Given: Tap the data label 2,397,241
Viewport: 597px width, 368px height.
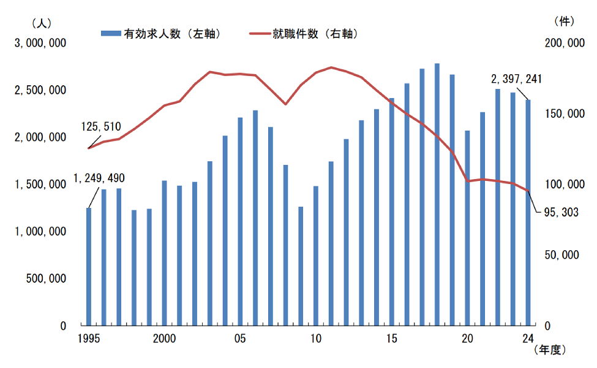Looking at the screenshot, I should click(x=516, y=79).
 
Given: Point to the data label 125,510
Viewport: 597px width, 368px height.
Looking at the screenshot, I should click(x=101, y=127).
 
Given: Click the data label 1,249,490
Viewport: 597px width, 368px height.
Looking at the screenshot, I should click(x=99, y=178).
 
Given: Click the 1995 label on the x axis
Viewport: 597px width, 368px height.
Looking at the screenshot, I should click(x=89, y=338).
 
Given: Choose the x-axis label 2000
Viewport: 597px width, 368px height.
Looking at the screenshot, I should click(x=165, y=338).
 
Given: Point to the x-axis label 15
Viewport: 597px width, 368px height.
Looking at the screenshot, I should click(x=392, y=338).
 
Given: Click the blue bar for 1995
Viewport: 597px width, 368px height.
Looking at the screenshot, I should click(x=89, y=267).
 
